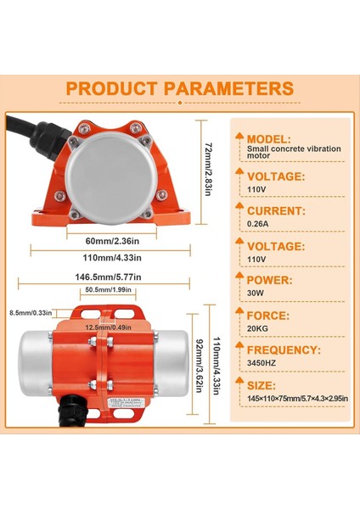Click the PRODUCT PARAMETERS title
pyautogui.click(x=179, y=87)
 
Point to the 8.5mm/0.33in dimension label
pyautogui.click(x=26, y=312)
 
